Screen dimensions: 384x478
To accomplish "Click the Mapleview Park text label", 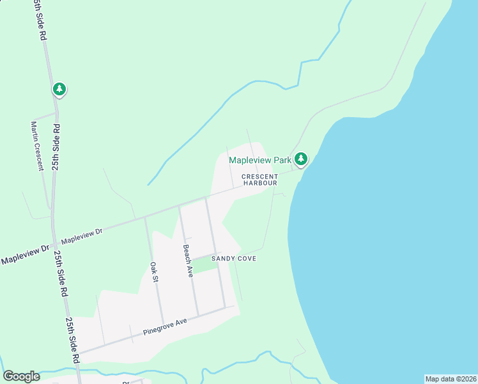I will click(x=260, y=159).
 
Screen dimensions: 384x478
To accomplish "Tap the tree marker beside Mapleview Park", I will click(x=301, y=159).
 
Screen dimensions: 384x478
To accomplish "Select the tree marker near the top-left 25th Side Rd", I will click(x=59, y=89).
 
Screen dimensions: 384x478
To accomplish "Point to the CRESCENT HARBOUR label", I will click(x=259, y=179).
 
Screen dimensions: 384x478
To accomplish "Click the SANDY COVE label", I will click(x=238, y=259).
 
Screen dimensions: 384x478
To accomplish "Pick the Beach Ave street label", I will click(x=188, y=260).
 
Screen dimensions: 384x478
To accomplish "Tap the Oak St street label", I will click(x=154, y=271).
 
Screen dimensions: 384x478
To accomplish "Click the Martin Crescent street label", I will click(x=36, y=146).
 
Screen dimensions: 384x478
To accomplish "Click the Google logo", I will click(x=21, y=376).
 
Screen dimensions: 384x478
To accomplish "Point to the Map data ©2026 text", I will click(x=451, y=379).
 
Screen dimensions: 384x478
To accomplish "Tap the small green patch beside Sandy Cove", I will click(x=204, y=265).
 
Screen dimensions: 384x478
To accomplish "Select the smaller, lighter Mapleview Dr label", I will click(x=81, y=237).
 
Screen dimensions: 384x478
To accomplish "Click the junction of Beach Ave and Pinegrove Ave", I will click(x=197, y=315).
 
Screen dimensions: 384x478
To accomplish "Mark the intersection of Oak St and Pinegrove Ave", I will click(x=162, y=324).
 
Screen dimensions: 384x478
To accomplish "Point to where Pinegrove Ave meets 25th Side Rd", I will click(x=77, y=353).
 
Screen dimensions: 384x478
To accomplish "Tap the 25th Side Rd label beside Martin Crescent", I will click(x=56, y=147).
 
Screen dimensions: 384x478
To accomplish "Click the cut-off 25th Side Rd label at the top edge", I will click(x=40, y=19).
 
